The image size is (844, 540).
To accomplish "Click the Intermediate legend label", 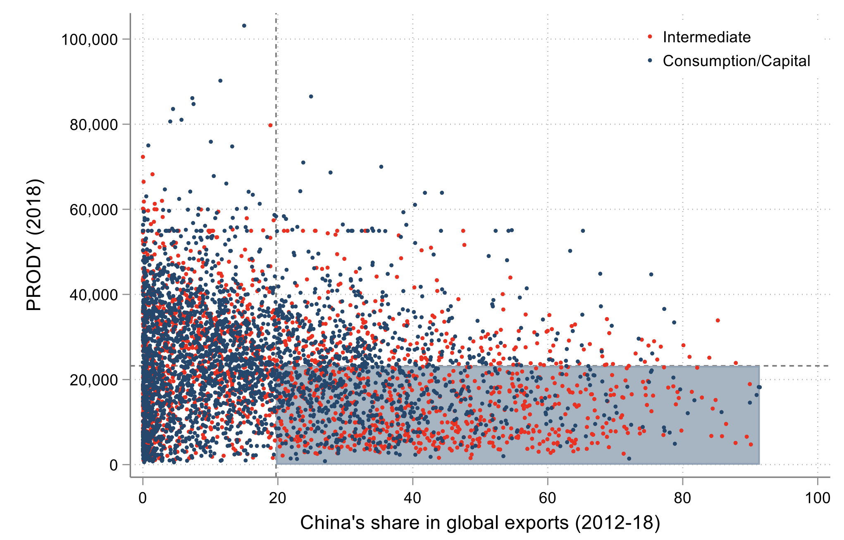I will (706, 37).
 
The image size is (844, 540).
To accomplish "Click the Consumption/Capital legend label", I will (736, 61).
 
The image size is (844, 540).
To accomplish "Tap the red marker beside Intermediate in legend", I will (650, 37).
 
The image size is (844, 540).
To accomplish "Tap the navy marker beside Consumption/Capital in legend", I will (650, 61).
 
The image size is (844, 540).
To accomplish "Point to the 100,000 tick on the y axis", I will (90, 40).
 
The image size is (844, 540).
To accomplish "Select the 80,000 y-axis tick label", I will (94, 125).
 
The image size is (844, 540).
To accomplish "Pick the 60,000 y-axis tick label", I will (94, 210).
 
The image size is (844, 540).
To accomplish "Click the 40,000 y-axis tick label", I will (94, 295).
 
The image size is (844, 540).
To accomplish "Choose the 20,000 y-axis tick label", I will (94, 380).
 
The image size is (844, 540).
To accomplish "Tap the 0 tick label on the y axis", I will (114, 465).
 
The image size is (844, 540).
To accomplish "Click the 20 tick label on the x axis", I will (277, 498).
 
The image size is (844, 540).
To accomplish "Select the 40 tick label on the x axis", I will (412, 498).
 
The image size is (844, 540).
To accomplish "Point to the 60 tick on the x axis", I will (547, 498).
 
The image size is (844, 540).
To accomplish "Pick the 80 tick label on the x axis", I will (682, 498).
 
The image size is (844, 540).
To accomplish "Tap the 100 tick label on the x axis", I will (818, 498).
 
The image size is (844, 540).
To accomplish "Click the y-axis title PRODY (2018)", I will (34, 245).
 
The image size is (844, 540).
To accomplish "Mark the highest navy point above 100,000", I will (244, 26).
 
